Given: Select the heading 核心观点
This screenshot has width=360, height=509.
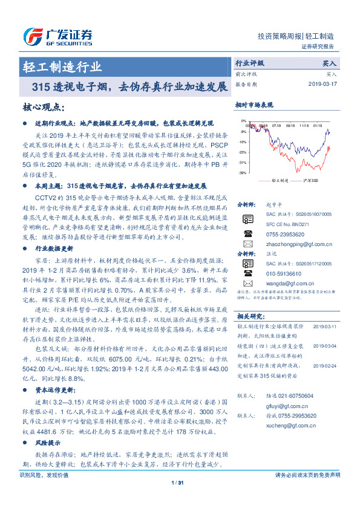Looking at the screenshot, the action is point(43,106).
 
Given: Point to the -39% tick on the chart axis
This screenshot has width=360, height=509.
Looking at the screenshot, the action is point(243,172).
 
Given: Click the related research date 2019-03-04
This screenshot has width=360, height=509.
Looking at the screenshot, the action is point(326,345).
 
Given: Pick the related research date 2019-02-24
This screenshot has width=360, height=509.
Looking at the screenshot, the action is point(326,365).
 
